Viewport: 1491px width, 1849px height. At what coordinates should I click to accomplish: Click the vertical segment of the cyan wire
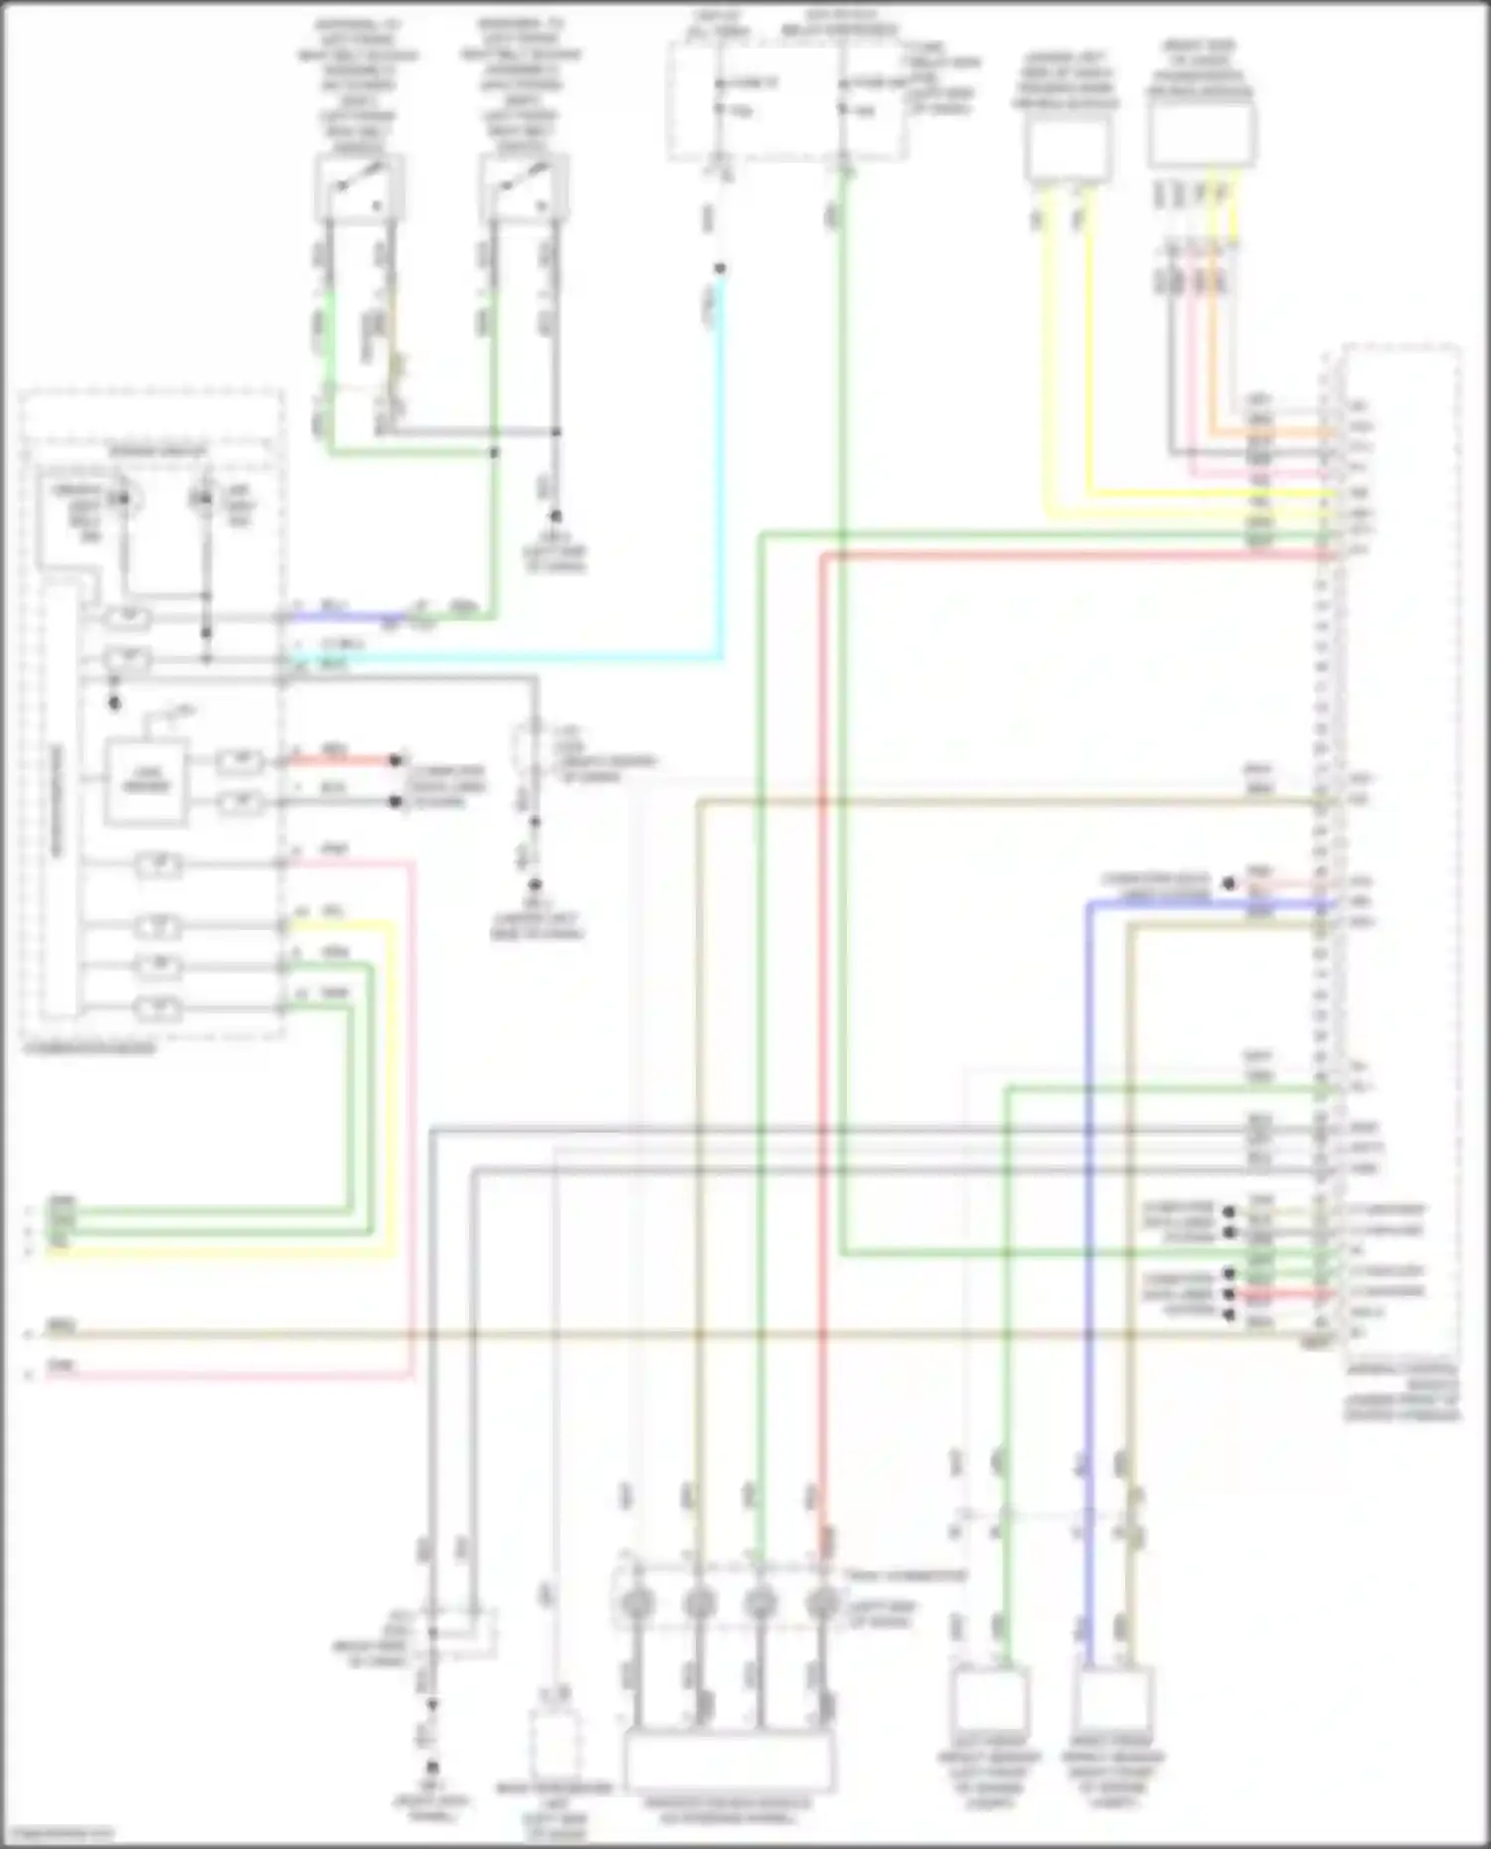721,467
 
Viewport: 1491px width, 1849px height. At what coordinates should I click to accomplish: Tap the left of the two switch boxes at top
359,189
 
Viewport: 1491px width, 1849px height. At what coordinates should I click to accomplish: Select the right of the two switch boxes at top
524,189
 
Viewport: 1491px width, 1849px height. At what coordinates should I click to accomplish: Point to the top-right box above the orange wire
1201,134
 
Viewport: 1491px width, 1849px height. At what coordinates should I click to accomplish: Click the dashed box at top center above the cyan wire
785,104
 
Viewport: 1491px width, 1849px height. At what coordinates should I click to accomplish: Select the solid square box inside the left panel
145,781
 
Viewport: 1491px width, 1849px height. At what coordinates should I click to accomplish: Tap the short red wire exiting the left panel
338,761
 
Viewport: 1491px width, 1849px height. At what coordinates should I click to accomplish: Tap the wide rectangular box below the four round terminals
730,1760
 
